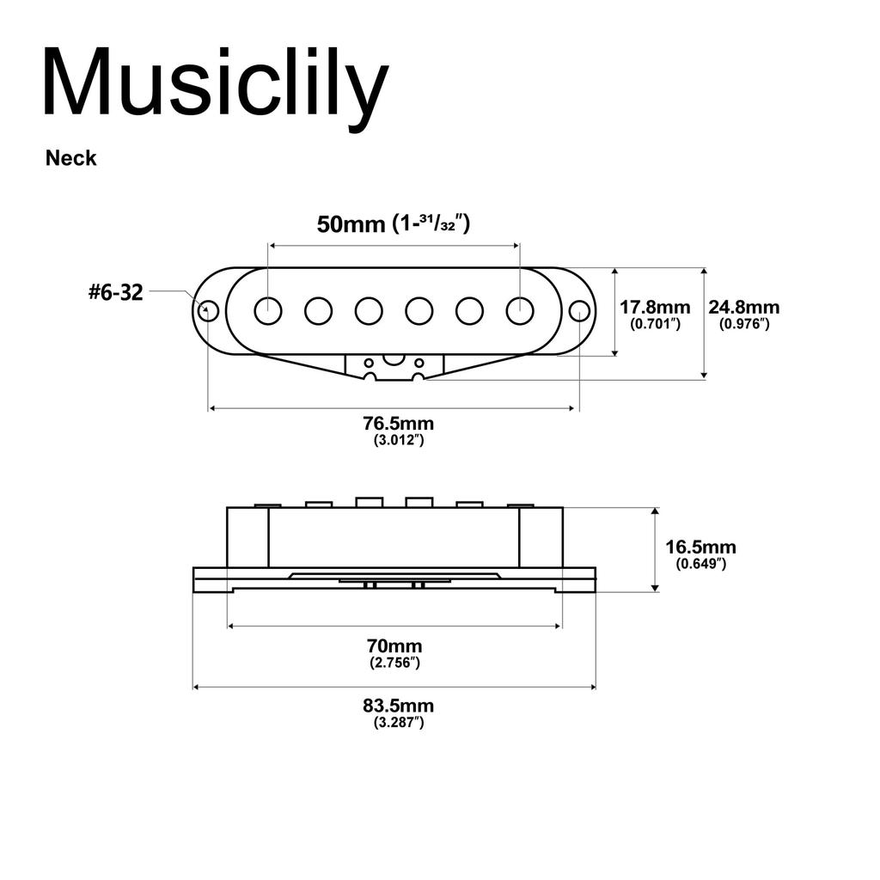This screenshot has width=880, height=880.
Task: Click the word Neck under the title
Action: coord(71,158)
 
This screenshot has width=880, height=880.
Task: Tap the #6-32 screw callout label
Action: coord(115,292)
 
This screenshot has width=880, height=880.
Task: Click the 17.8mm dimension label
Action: coord(655,307)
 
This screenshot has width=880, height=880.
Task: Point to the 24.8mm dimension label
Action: coord(744,307)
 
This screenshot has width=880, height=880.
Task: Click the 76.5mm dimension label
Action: coord(398,424)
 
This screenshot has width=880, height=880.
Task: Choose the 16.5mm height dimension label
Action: coord(700,547)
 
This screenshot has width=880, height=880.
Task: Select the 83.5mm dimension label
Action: coord(398,706)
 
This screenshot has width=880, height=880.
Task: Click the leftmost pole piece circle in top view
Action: coord(268,310)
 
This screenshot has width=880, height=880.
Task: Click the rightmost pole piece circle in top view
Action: coord(520,310)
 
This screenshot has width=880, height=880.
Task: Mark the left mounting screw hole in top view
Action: coord(208,310)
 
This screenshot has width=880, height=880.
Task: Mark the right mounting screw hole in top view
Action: coord(580,310)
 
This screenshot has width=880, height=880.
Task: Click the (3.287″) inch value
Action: coord(398,724)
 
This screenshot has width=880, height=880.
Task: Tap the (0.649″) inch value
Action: coord(700,565)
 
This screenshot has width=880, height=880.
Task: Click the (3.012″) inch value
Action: coord(398,440)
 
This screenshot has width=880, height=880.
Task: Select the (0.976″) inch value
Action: coord(744,324)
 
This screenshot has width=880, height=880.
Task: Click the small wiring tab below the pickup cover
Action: coord(394,366)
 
